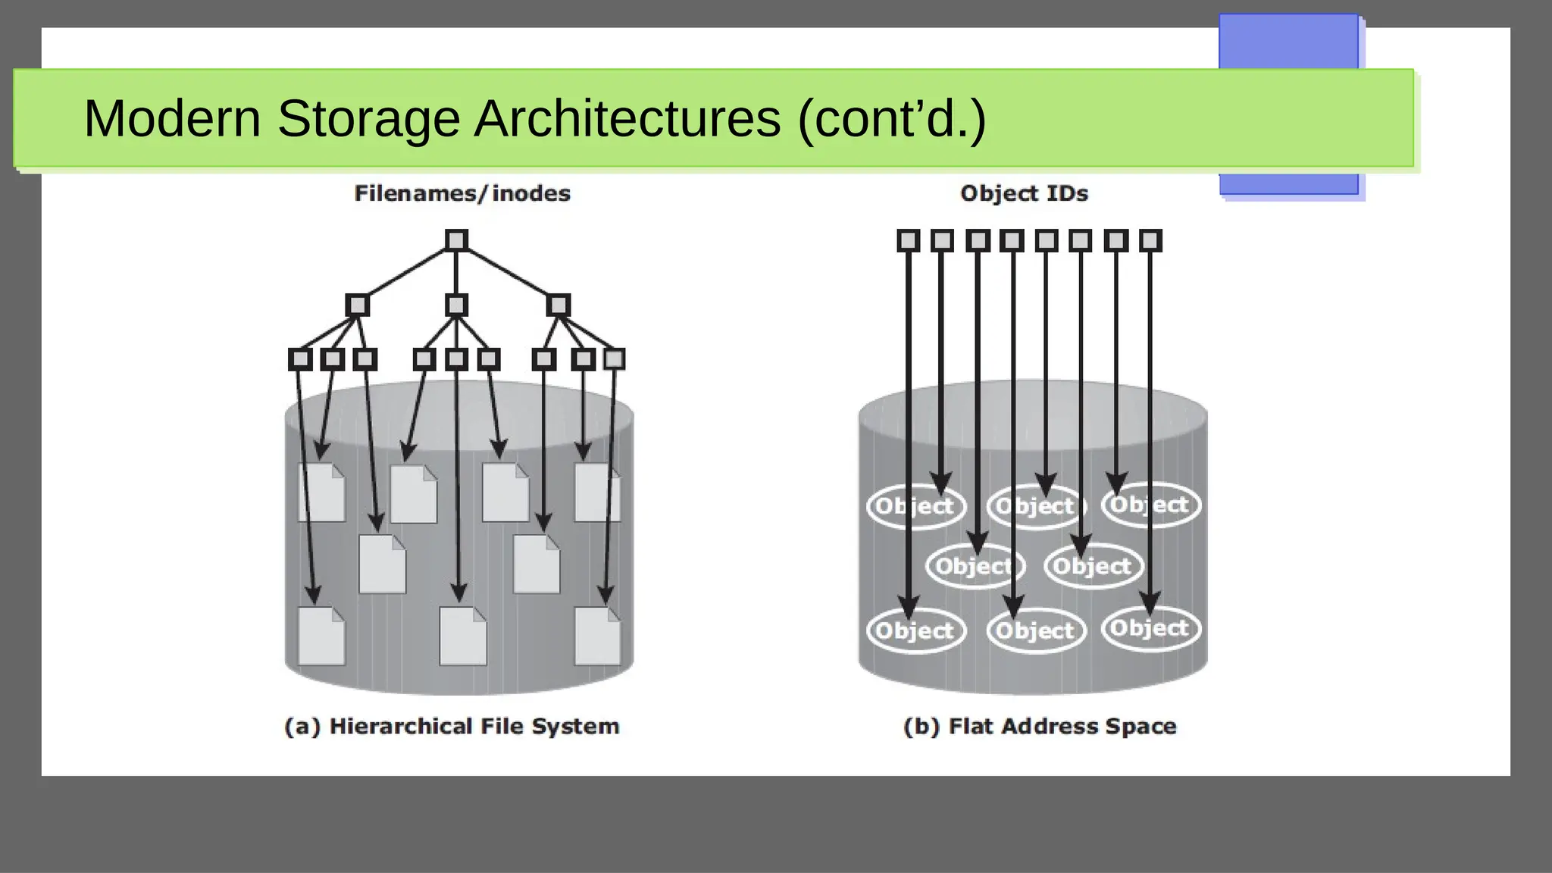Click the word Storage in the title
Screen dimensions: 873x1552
point(368,119)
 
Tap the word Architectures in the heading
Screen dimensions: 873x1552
point(627,119)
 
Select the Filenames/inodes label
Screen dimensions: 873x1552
point(462,193)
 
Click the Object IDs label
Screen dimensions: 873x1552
point(1024,193)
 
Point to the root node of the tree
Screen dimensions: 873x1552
point(456,240)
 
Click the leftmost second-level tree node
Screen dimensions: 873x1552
point(357,305)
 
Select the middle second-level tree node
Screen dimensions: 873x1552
point(456,305)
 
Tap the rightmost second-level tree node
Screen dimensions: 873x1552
point(558,305)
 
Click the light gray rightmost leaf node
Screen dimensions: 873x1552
point(614,358)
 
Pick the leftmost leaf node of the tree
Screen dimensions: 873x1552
point(300,359)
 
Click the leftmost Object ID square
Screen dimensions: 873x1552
point(908,241)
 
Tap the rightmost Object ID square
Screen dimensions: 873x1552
point(1150,241)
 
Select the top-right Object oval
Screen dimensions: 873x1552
point(1150,505)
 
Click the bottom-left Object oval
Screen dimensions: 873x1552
point(915,630)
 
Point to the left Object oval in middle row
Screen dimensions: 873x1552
point(975,566)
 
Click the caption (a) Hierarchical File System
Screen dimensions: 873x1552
point(452,726)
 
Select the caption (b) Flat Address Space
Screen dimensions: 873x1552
point(1040,726)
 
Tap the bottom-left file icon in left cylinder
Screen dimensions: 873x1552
point(321,637)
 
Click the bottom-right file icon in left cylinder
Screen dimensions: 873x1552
point(597,637)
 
